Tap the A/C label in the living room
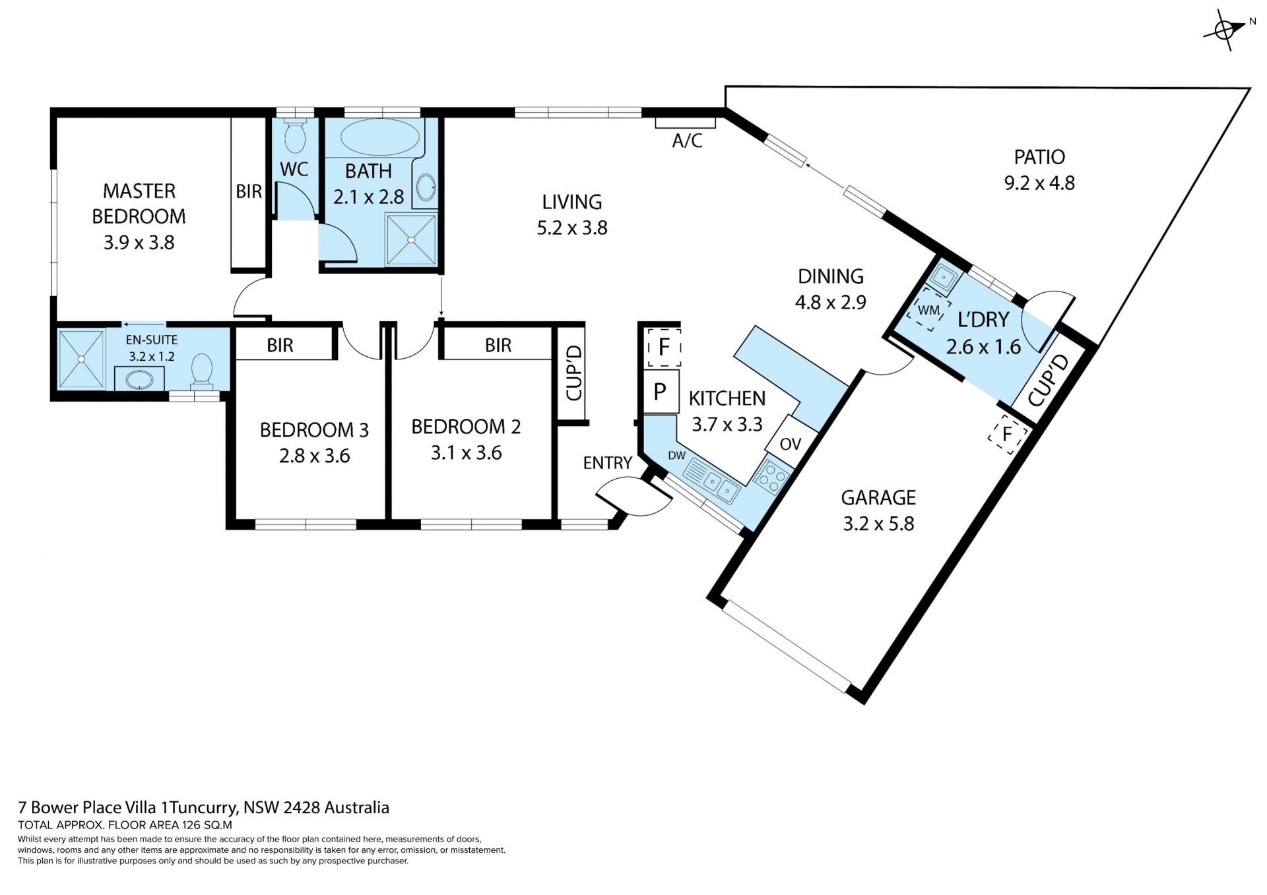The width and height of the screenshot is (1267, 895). coord(687,140)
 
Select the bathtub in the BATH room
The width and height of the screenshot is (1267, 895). coord(379,137)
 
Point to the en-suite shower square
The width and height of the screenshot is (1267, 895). coord(81,359)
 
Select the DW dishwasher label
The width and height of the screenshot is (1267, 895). coord(676,455)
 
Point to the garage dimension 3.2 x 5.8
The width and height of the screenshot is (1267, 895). coord(878,524)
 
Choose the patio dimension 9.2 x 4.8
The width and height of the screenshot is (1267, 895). coord(1039,183)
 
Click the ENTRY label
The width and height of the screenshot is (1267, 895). coord(608,463)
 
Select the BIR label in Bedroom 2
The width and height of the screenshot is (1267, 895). coord(498,345)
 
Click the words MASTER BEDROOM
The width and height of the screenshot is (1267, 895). coord(139,204)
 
